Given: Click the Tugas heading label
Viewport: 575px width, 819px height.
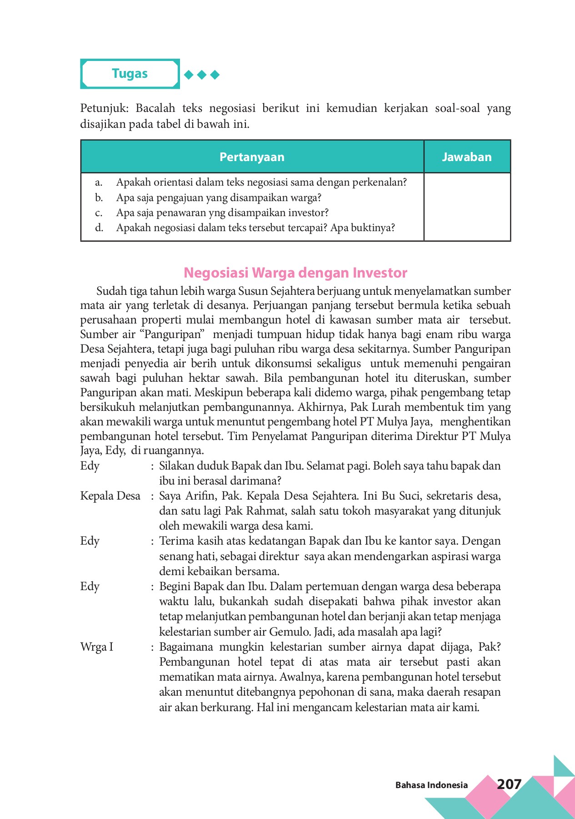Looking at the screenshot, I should click(x=130, y=74).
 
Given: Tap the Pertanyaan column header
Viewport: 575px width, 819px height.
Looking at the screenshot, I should click(x=252, y=157).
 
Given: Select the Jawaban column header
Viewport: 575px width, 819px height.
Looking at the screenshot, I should click(x=467, y=157).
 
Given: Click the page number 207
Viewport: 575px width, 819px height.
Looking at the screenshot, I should click(x=509, y=784).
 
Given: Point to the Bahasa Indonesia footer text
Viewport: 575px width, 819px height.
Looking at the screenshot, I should click(x=431, y=785).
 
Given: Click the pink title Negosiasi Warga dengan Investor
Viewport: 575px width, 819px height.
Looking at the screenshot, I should click(x=295, y=273).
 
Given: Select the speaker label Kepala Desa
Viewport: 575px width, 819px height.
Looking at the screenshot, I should click(x=110, y=495).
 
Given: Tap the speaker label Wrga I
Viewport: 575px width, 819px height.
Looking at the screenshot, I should click(x=96, y=647).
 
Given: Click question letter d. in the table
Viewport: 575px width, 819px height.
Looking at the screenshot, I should click(x=99, y=227).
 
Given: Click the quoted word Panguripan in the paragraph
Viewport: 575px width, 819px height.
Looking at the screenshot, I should click(x=173, y=334).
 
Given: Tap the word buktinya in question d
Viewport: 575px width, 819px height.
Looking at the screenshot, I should click(x=373, y=227).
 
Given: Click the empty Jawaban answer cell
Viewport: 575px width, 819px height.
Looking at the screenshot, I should click(x=467, y=207).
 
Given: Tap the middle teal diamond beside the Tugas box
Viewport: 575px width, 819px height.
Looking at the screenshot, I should click(x=202, y=75).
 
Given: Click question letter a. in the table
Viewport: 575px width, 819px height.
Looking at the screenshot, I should click(x=99, y=182).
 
